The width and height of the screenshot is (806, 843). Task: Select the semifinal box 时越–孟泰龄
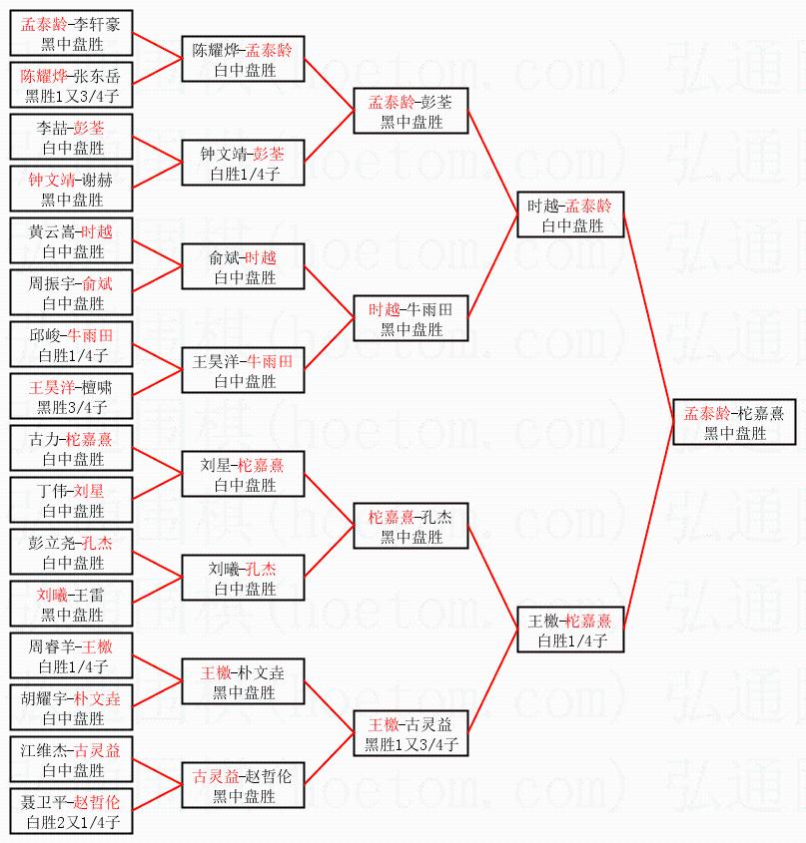(569, 215)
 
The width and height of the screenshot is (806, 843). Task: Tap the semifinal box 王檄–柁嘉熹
(569, 630)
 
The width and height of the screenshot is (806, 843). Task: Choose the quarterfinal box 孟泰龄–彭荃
(410, 112)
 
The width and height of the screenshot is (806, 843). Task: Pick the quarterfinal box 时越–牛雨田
(410, 319)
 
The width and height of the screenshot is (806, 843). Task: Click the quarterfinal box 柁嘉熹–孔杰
(410, 526)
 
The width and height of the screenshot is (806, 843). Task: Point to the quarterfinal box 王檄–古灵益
(410, 733)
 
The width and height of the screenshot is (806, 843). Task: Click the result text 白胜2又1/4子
(73, 823)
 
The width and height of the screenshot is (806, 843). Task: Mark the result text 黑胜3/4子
(73, 407)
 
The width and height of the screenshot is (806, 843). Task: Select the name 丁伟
(51, 490)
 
